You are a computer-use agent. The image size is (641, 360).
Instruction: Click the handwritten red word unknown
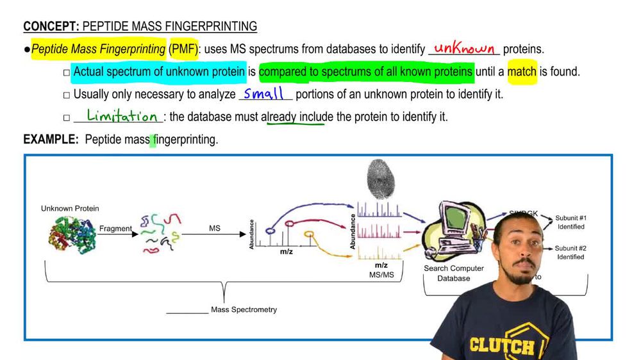click(464, 49)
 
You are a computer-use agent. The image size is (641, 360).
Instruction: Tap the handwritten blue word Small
click(263, 94)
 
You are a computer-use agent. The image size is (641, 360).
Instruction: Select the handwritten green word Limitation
click(122, 116)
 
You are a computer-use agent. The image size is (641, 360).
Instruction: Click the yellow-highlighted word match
click(522, 71)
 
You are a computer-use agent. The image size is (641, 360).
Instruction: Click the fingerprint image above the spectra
click(379, 179)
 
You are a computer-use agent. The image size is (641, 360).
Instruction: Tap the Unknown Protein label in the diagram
click(70, 209)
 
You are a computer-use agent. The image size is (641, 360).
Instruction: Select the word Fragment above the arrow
click(115, 229)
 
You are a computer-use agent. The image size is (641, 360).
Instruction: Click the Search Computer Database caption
click(454, 274)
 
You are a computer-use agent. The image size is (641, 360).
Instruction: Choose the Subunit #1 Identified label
click(570, 222)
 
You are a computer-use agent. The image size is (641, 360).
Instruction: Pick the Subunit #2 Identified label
click(570, 252)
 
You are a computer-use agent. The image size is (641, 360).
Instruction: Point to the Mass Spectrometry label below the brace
click(244, 310)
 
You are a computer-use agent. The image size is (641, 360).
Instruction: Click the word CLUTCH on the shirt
click(501, 345)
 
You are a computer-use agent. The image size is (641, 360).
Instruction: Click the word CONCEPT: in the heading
click(51, 27)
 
